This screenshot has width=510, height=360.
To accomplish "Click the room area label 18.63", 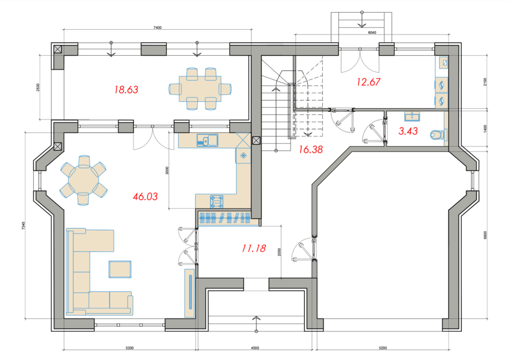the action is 126,89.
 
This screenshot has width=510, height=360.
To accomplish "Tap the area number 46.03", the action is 145,197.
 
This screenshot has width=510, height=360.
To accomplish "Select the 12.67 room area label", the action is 368,82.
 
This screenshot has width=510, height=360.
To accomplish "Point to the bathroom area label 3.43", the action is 408,131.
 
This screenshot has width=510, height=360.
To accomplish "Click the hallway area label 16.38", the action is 311,150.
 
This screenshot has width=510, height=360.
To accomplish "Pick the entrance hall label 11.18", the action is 254,249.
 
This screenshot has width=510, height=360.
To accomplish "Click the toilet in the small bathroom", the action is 439,134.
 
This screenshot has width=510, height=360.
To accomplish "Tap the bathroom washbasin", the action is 412,116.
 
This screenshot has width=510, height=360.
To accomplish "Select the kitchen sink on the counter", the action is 207,140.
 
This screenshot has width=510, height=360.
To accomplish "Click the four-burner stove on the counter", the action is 216,201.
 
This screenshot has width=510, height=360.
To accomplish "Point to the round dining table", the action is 84,180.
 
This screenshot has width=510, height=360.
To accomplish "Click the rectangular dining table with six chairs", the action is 200,89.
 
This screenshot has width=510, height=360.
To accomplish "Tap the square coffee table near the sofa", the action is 120,269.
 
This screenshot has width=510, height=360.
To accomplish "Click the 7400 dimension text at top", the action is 157,28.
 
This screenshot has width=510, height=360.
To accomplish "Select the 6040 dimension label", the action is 372,33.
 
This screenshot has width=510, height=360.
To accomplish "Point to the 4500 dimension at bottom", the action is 255,348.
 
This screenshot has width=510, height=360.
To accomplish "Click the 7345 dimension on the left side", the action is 23,226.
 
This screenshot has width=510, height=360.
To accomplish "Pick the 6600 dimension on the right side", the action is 485,235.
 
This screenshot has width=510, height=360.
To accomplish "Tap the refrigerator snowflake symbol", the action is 244,156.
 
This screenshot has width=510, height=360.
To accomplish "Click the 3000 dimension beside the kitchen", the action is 167,171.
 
